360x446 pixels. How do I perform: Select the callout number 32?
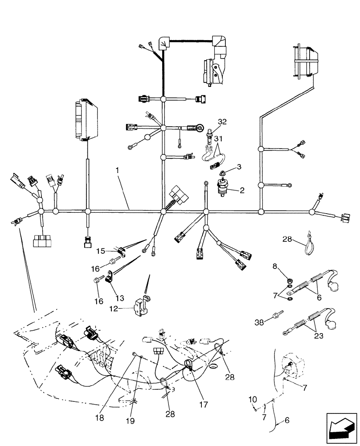pos(222,122)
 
